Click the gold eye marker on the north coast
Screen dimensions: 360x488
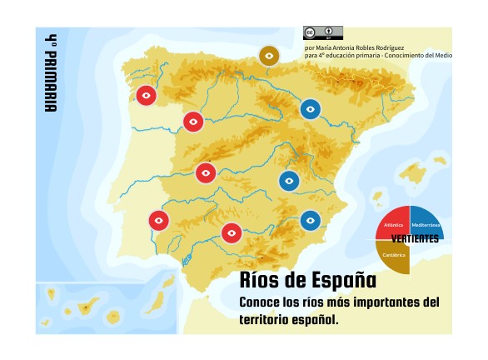tap(268, 56)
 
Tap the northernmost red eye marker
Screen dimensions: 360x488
tap(146, 96)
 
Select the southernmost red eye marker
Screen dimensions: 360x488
tap(232, 232)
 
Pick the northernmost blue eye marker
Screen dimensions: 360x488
tap(311, 108)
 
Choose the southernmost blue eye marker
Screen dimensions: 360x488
tap(310, 220)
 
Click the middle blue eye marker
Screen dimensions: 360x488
tap(289, 181)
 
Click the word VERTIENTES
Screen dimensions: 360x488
tap(415, 239)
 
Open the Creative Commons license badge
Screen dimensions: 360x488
tap(322, 32)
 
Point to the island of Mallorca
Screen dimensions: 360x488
tap(413, 174)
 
